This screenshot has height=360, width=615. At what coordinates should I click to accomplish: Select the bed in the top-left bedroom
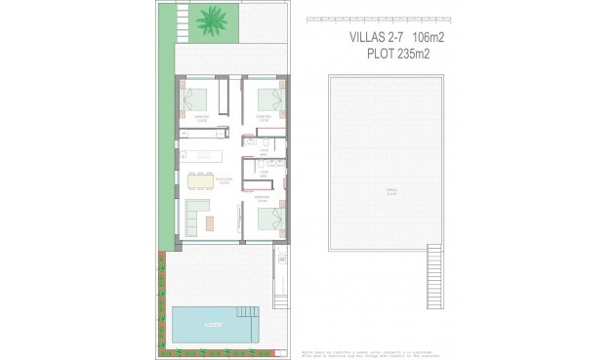197,99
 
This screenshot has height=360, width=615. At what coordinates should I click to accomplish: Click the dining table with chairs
199,179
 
